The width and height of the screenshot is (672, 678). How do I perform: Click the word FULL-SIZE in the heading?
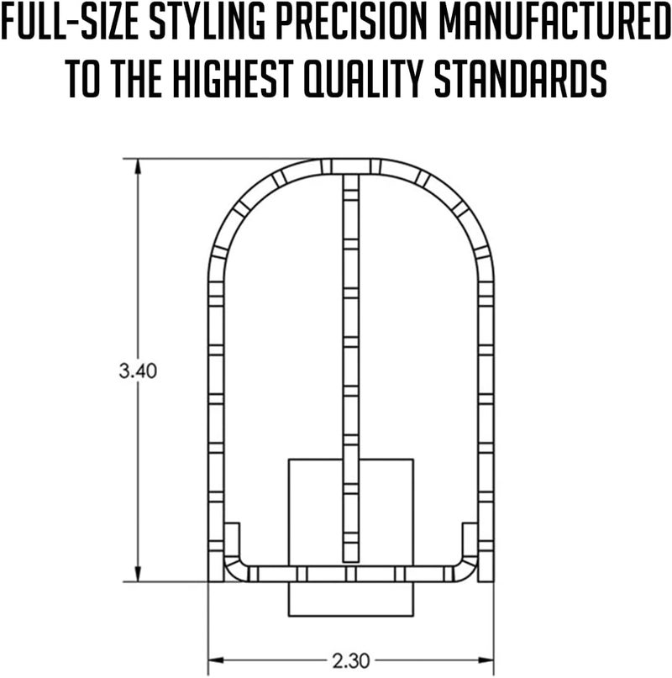(x=71, y=22)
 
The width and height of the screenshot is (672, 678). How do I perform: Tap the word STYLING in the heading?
(x=207, y=22)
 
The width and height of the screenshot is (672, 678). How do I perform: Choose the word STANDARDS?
(x=520, y=79)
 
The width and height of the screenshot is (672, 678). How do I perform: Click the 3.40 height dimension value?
(x=138, y=371)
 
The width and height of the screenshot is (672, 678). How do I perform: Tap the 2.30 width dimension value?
(x=351, y=660)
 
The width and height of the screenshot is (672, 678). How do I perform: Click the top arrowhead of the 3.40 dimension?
(x=138, y=166)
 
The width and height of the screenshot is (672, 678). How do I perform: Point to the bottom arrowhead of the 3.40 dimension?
(x=138, y=574)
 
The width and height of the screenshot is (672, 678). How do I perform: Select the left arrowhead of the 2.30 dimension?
(x=216, y=660)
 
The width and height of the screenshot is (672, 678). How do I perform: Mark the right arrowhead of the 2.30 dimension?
(x=486, y=660)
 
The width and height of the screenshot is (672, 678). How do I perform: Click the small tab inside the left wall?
(x=232, y=539)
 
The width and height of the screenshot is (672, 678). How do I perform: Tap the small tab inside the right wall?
(x=470, y=539)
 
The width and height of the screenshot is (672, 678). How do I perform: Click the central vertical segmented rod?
(x=351, y=367)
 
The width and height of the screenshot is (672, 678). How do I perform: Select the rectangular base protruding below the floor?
(x=351, y=599)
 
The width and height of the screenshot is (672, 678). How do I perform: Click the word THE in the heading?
(x=135, y=79)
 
